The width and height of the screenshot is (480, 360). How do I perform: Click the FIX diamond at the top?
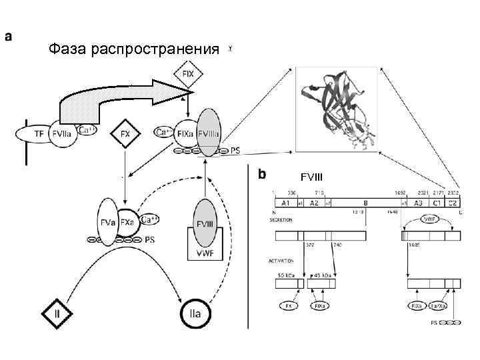(x=189, y=74)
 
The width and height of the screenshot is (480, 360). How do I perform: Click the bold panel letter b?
(x=262, y=173)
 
